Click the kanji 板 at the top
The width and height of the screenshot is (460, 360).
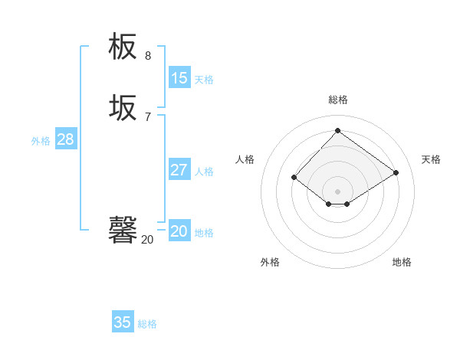point(123,47)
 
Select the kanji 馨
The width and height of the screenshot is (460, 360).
point(123,231)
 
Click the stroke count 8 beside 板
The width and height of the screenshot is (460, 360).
point(148,56)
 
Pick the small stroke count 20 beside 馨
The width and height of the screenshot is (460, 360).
point(147,240)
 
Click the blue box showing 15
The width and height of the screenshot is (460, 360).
point(179,78)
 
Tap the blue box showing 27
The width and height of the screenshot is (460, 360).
point(179,170)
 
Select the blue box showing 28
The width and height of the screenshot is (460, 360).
point(65,139)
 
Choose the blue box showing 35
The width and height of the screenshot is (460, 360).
point(123,322)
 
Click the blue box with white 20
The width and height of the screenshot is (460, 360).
point(179,231)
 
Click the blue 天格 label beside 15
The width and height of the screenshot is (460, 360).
point(204,80)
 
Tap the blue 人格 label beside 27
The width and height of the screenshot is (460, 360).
point(204,172)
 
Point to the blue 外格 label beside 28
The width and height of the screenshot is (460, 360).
point(41,141)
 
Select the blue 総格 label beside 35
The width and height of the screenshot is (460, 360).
point(147,324)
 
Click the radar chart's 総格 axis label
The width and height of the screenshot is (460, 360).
point(338,100)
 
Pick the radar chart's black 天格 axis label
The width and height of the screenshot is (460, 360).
point(431,159)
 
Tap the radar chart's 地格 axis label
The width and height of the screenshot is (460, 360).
point(402,262)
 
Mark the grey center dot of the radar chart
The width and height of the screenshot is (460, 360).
point(338,191)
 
